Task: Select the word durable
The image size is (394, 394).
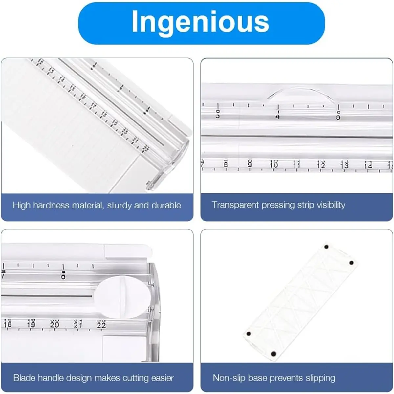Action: [x=166, y=206]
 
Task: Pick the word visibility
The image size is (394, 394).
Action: [x=331, y=205]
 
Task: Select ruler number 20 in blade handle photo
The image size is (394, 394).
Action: [x=55, y=324]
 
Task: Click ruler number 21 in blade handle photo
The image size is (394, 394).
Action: [x=78, y=324]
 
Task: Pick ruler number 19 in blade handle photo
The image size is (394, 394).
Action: [x=31, y=324]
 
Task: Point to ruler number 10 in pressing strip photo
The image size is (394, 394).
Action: [x=274, y=164]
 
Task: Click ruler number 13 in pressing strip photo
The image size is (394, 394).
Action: [x=345, y=164]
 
